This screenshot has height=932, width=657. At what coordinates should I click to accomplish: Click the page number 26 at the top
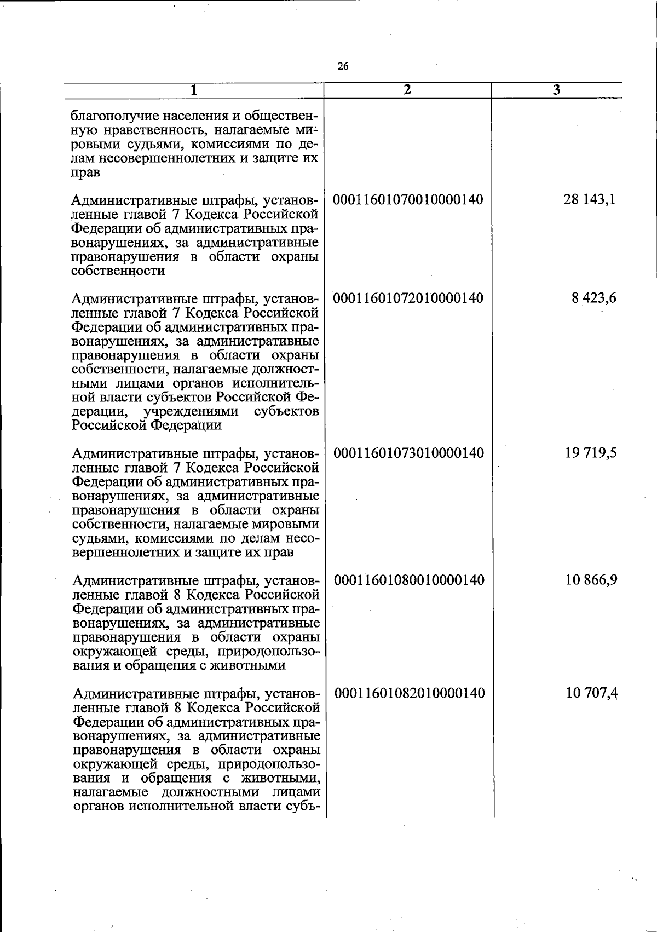coord(343,67)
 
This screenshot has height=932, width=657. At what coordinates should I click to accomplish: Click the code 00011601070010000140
coord(408,199)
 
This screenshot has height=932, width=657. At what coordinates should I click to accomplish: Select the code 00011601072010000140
coord(408,298)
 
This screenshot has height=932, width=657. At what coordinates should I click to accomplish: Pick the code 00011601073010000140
coord(409,453)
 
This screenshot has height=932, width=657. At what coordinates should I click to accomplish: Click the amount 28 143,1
coord(589,199)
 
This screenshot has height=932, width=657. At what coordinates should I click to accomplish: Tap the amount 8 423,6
coord(593,298)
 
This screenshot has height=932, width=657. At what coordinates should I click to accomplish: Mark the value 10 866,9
coord(591,580)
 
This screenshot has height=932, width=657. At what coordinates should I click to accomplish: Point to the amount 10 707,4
coord(592,693)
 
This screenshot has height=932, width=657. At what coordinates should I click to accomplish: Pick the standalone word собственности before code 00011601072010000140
coord(118,271)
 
